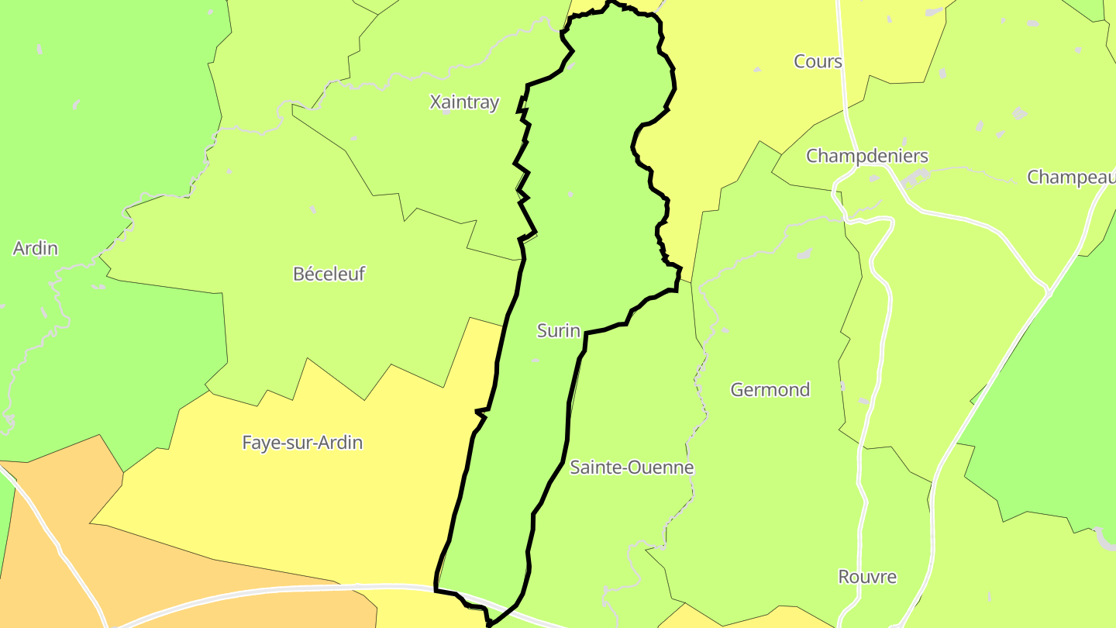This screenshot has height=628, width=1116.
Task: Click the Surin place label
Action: click(558, 331)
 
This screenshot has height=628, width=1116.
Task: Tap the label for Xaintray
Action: click(464, 102)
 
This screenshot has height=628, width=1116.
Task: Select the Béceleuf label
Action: click(329, 274)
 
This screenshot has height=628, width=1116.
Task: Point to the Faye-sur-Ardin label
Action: click(302, 443)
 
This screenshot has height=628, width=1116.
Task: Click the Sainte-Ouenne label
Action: click(632, 468)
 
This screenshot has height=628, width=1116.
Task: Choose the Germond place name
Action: click(770, 389)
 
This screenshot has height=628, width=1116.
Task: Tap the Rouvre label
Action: click(867, 577)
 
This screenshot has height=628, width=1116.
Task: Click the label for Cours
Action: click(818, 61)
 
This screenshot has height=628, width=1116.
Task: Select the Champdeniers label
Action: click(866, 156)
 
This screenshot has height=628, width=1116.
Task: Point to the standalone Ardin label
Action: click(36, 248)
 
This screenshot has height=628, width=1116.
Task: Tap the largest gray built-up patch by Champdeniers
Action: click(917, 178)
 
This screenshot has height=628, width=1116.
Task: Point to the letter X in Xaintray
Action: click(435, 102)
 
